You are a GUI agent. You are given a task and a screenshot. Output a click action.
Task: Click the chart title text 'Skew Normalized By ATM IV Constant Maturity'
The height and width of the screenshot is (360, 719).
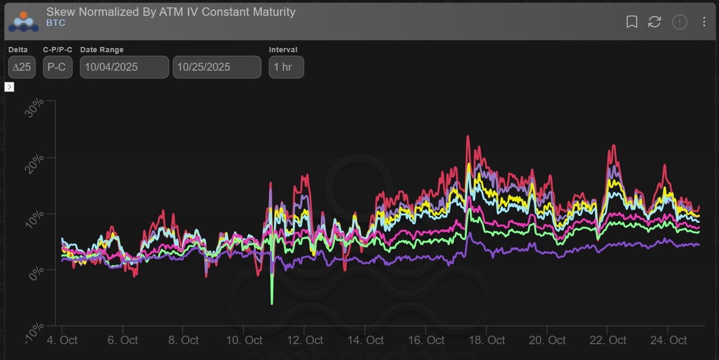170,12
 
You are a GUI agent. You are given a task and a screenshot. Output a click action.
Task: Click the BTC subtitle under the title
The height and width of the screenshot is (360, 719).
55,23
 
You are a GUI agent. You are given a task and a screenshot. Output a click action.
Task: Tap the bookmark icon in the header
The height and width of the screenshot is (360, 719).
631,22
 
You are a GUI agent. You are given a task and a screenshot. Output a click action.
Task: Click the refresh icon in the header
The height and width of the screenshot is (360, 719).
655,22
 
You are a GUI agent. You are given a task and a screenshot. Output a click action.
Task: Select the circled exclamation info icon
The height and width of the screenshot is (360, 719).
679,22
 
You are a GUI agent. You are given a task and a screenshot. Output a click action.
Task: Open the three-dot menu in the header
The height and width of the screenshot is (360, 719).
704,22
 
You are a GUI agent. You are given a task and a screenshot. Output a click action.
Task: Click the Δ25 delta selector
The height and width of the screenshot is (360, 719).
22,67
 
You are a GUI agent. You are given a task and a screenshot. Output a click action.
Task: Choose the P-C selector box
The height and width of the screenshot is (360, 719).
57,67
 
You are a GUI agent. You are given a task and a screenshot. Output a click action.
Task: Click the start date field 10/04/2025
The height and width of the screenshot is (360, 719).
124,67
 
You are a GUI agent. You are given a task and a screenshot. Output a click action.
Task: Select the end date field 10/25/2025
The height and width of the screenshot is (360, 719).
217,67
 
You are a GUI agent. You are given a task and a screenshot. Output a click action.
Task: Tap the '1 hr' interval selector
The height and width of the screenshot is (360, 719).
286,67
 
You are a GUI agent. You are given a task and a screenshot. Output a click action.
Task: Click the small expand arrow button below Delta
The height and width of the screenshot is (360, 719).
9,87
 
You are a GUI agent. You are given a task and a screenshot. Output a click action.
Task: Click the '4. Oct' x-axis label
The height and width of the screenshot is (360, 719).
62,340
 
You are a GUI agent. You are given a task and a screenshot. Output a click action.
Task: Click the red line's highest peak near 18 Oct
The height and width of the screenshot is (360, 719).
467,136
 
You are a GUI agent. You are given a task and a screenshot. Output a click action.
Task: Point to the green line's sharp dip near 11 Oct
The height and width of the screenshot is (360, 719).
272,304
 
